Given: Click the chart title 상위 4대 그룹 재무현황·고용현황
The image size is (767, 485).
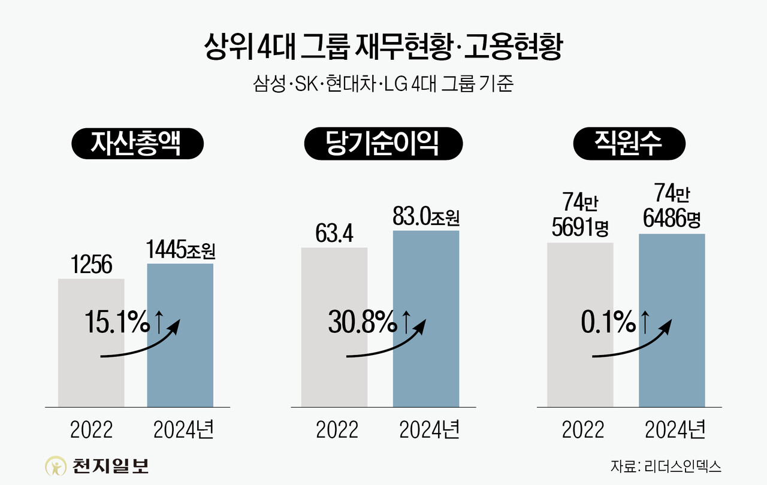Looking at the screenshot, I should click(x=383, y=47).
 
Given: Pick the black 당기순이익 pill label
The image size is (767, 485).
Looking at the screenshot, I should click(x=383, y=144).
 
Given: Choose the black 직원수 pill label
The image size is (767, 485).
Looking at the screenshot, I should click(x=628, y=144).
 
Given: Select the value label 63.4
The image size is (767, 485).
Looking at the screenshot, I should click(x=334, y=234).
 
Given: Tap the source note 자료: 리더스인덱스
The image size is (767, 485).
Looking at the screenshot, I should click(x=666, y=465).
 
